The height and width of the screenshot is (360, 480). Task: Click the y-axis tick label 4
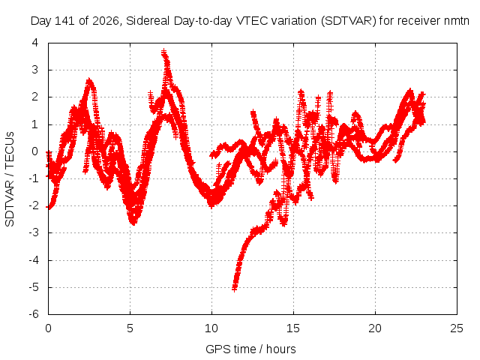[35, 43]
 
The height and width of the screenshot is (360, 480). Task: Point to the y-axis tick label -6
[34, 314]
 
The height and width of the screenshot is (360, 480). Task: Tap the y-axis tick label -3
[34, 232]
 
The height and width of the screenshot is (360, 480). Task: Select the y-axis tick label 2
[35, 97]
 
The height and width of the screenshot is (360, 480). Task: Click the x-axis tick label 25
[457, 328]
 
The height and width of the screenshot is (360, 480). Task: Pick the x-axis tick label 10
[211, 328]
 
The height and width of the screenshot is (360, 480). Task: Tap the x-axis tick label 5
[130, 328]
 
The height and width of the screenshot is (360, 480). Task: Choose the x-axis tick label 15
[293, 328]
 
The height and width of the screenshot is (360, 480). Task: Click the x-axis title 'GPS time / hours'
[250, 349]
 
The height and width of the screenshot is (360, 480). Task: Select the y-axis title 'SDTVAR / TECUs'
[10, 179]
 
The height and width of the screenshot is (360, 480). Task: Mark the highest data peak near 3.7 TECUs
[164, 51]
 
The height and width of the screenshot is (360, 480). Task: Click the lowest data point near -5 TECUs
[235, 288]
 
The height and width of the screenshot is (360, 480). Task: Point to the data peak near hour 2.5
[89, 80]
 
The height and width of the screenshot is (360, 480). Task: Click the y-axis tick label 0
[35, 151]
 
